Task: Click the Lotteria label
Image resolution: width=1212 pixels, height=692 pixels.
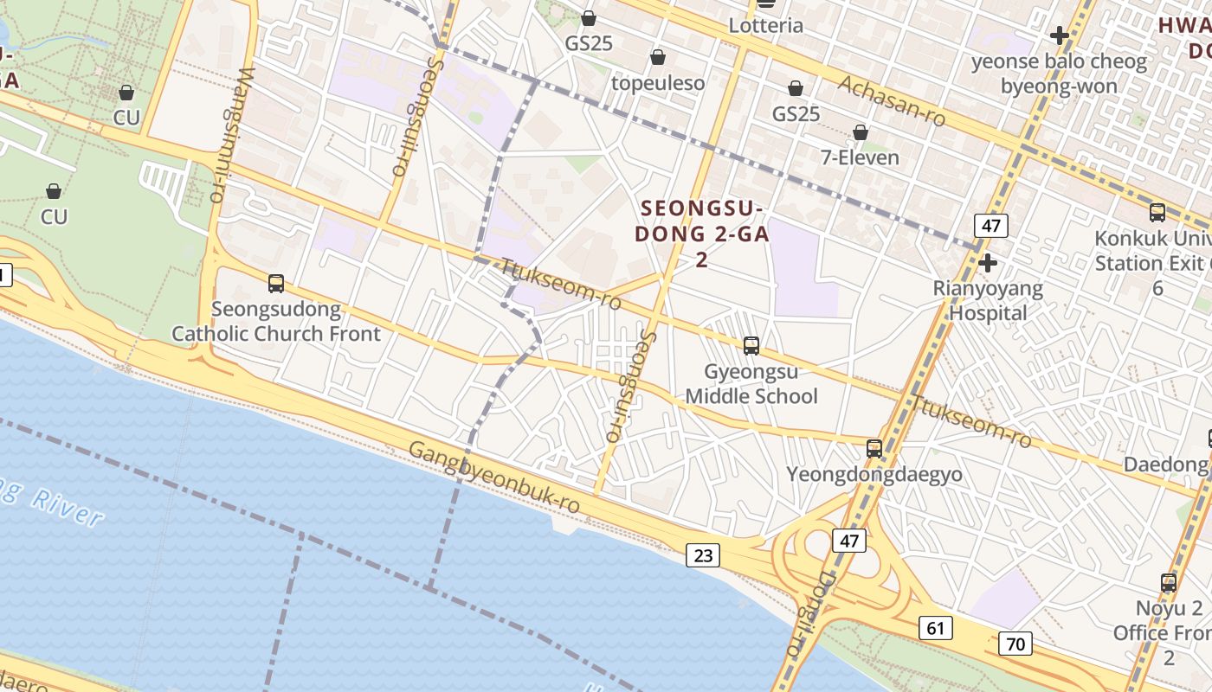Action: [766, 25]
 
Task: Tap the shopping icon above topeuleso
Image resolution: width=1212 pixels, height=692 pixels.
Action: [658, 58]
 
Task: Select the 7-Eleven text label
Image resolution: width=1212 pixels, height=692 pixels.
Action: [860, 157]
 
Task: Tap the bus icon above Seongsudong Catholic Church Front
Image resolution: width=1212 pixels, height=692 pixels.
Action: [276, 283]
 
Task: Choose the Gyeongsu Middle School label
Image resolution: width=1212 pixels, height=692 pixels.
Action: [751, 384]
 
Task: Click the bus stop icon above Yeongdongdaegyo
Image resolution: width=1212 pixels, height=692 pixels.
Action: [874, 449]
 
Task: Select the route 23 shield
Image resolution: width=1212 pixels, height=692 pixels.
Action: [703, 555]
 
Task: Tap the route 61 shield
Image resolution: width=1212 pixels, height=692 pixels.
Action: [936, 628]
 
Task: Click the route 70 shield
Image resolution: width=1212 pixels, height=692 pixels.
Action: [1015, 644]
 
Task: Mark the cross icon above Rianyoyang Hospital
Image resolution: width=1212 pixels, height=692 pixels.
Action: [988, 262]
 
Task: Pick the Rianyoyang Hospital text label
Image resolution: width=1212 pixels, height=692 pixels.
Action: [988, 300]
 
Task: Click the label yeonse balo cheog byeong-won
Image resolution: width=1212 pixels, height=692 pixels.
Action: [1059, 74]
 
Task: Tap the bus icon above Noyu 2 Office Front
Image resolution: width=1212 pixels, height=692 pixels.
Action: [1169, 583]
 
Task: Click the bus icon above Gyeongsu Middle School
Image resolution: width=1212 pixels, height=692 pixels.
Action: [751, 346]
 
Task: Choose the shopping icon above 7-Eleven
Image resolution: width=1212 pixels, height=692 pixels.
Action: [861, 132]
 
